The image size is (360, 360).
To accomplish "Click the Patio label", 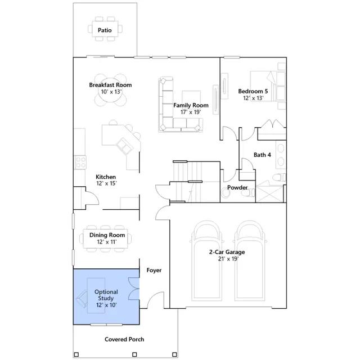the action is point(105,30).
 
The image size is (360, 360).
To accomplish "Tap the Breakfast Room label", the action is point(110,85).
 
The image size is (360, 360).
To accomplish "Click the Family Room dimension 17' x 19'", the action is point(191,112).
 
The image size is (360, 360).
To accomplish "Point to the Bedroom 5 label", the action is point(253,91).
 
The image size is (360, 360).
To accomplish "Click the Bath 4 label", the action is point(262,155).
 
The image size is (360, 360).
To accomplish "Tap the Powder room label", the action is point(237,187).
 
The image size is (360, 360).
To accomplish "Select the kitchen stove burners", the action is point(80,162).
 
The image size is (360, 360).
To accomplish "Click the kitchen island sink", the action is point(125,146).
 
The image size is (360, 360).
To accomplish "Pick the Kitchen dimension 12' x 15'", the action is point(106,183).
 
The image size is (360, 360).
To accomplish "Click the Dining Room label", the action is point(107,235).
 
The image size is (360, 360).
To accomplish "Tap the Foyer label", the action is point(154,270).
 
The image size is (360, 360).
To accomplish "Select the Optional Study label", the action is point(106,295).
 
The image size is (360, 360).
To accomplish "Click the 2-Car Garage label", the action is point(227,252).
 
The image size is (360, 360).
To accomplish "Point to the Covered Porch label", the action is point(124,339).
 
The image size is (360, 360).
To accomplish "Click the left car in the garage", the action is point(206,261).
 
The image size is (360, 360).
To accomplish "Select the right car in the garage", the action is point(250,261).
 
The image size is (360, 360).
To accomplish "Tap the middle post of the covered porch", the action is point(135,354).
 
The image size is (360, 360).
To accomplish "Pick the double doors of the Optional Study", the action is point(134,289).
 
